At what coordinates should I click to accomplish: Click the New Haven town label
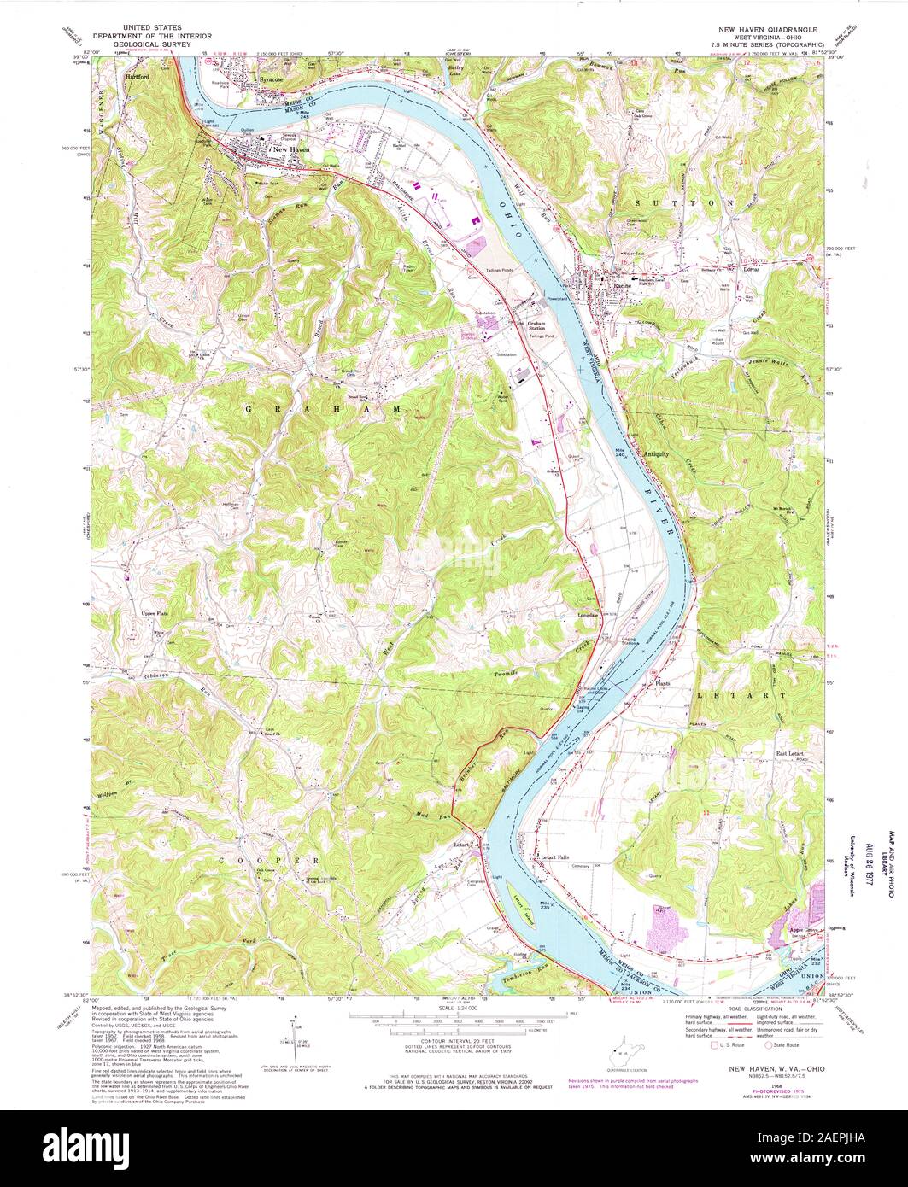[x=290, y=149]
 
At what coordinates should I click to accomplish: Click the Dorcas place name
[x=751, y=268]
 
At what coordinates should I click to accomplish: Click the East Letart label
[x=790, y=753]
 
